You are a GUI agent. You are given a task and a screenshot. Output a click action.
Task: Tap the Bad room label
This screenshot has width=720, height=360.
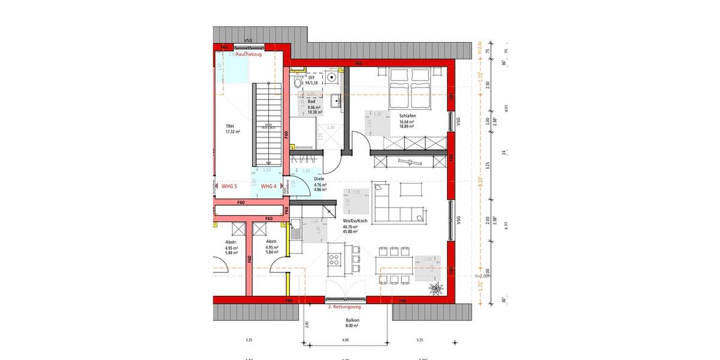point(311,102)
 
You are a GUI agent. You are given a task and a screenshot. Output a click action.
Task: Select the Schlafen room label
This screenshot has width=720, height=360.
point(407,116)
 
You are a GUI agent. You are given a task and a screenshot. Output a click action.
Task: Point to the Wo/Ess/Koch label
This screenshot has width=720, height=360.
point(353,220)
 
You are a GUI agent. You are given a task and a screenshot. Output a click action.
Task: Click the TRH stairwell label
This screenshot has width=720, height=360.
point(229,126)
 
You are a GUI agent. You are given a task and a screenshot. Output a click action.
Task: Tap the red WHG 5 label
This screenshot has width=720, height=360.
point(229,187)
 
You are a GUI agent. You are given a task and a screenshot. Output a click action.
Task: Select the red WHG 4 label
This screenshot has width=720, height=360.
point(269,187)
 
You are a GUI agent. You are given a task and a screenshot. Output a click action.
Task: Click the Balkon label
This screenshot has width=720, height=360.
point(352,320)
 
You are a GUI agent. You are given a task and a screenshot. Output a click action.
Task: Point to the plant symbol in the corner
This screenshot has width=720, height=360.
point(436,289)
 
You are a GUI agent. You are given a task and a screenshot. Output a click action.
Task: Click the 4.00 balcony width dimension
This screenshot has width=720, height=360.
point(345,340)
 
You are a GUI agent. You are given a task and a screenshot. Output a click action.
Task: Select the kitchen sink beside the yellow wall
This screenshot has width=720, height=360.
point(296,227)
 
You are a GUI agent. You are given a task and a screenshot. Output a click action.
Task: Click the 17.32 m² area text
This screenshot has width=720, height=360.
point(233,131)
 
